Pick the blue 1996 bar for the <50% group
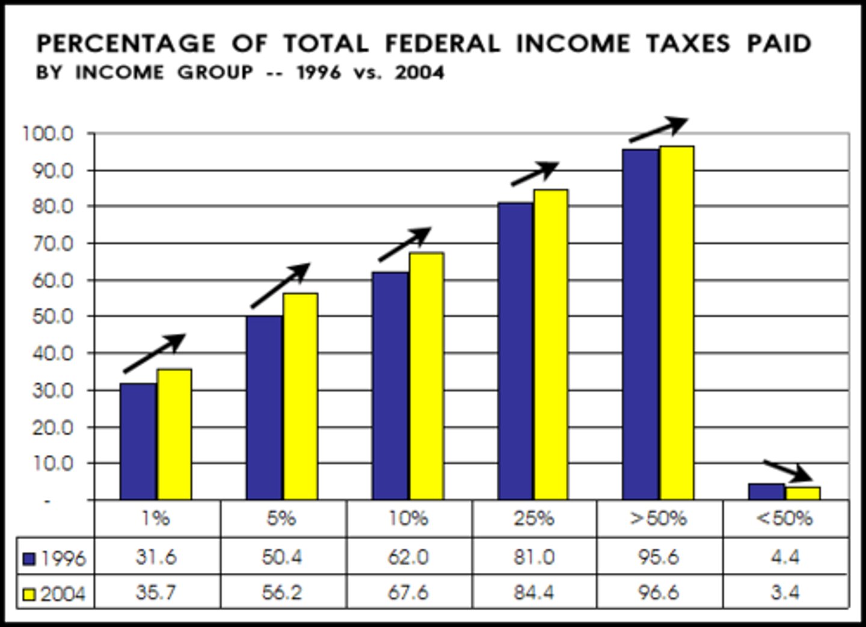(x=766, y=492)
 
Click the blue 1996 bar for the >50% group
(x=640, y=324)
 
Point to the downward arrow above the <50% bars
(x=788, y=471)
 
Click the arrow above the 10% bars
(x=405, y=244)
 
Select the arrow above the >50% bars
(x=658, y=129)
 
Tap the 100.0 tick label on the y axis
(x=48, y=133)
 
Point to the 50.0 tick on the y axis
(x=52, y=317)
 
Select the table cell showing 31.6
(x=156, y=557)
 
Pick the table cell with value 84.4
(x=534, y=593)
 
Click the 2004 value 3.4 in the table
(x=785, y=593)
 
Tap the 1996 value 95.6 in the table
(x=659, y=557)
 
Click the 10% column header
(x=408, y=519)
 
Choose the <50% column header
(x=784, y=519)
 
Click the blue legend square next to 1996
(x=29, y=559)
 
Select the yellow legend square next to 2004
(x=29, y=595)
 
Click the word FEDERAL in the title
(x=442, y=44)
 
